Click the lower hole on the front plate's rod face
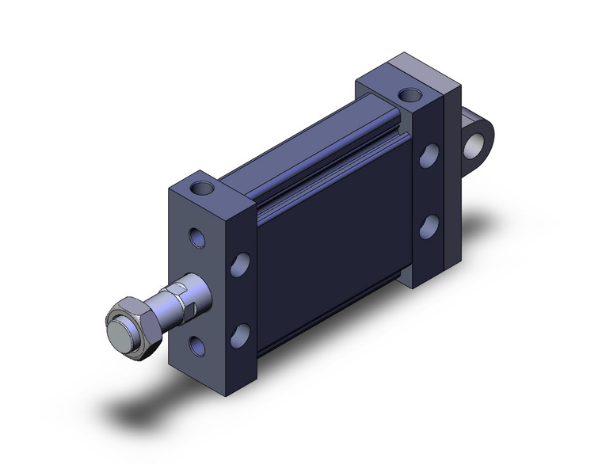pos(196,345)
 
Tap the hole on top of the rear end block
pos(410,95)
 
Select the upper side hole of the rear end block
pos(429,154)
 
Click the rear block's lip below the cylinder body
pos(406,275)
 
